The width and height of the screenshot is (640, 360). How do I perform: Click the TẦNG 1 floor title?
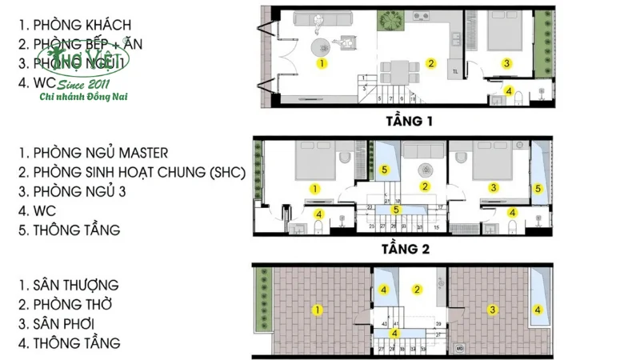point(407,122)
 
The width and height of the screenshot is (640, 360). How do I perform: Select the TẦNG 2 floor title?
point(406,249)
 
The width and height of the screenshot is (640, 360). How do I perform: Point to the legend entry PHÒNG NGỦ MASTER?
point(101,152)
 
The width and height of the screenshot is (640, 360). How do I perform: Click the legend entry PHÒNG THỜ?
point(73,304)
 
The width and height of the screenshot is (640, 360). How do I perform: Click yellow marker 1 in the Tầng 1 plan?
point(322,62)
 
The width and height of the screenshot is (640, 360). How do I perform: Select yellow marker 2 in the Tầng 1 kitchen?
point(430,63)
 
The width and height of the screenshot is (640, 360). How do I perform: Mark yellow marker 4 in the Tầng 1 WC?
point(509,90)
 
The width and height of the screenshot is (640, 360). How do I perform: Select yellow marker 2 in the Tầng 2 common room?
point(426,186)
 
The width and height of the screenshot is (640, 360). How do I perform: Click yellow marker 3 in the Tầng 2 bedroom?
point(494,188)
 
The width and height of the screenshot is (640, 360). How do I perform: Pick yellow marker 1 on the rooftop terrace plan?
point(318,310)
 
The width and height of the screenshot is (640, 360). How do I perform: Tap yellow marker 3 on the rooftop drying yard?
point(494,310)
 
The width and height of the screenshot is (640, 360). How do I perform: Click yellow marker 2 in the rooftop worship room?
point(417,290)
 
